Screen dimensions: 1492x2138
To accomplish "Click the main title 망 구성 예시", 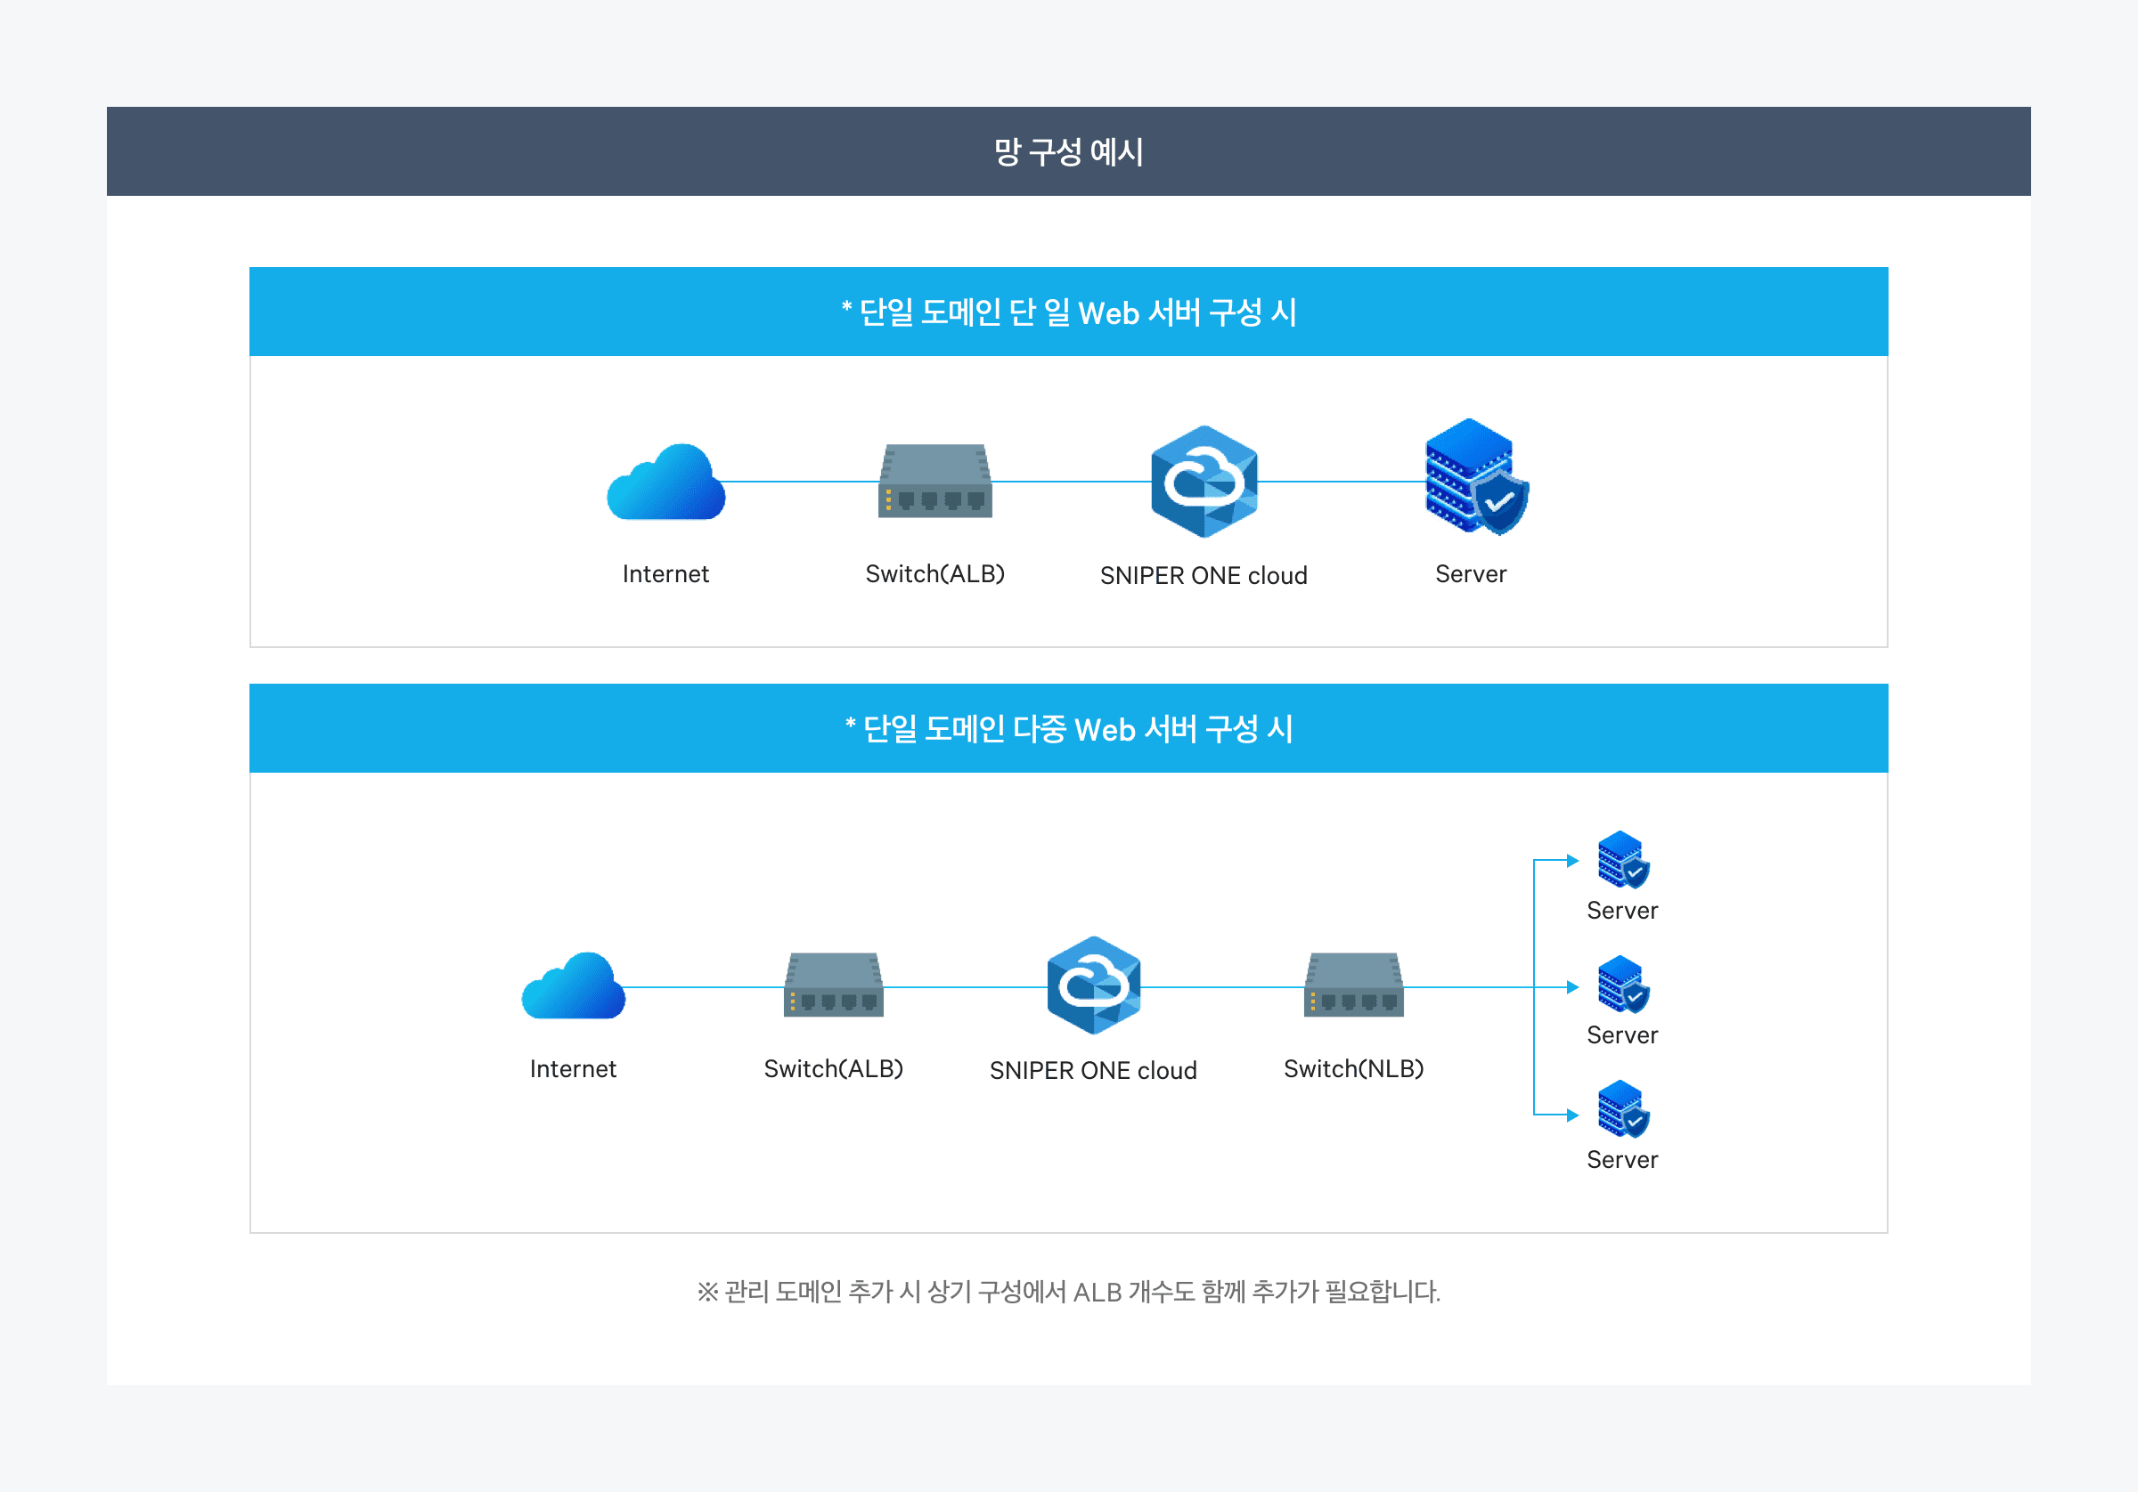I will tap(1068, 151).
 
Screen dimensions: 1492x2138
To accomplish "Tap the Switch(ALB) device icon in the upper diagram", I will tap(934, 482).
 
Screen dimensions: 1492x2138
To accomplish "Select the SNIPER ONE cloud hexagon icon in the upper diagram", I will tap(1204, 482).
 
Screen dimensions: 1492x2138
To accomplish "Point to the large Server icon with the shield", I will tap(1475, 476).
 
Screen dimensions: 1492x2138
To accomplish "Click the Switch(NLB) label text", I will tap(1353, 1068).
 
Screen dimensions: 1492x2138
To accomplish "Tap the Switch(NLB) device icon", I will tap(1353, 985).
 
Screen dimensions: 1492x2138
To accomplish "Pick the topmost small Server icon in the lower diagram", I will tap(1622, 859).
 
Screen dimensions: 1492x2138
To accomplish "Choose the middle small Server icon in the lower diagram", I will tap(1622, 984).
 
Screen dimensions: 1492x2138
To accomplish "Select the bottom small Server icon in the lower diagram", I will tap(1622, 1108).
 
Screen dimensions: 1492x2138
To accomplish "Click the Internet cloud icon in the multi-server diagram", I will tap(573, 986).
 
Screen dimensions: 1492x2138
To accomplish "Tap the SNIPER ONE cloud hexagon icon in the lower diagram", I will tap(1093, 985).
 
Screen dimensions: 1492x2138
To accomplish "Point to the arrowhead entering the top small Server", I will tap(1573, 861).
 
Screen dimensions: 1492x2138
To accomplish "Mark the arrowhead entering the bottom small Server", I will tap(1573, 1115).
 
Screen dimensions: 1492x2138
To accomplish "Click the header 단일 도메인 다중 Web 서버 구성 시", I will tap(1068, 729).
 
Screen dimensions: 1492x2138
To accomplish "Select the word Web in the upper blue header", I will tap(1108, 312).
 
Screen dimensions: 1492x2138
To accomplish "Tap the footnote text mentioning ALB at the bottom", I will tap(1068, 1292).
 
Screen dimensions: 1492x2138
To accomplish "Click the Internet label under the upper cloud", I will tap(665, 574).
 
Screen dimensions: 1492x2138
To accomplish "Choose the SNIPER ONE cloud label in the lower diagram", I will tap(1093, 1070).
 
